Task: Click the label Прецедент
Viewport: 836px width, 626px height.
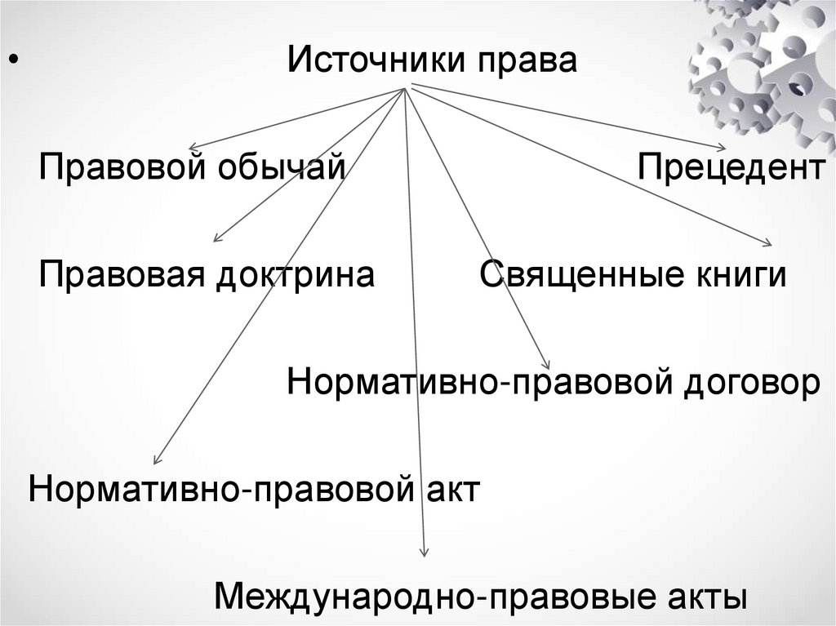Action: (731, 170)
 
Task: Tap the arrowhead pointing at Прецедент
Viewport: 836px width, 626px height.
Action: (722, 148)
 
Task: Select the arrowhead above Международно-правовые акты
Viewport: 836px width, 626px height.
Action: (425, 555)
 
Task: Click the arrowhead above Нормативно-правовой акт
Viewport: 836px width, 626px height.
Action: (156, 461)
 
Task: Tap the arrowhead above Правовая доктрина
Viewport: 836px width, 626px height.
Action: (216, 239)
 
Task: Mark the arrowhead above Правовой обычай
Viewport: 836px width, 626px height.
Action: (193, 146)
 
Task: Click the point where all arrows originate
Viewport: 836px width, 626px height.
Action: (405, 88)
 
